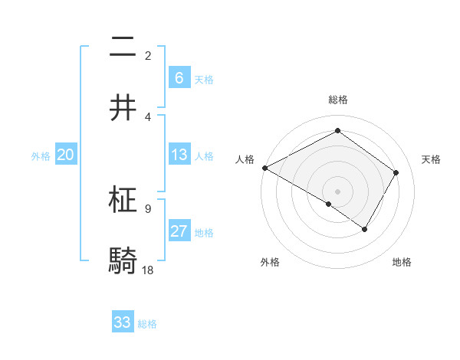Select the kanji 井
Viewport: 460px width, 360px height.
coord(123,108)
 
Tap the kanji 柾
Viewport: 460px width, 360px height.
coord(123,200)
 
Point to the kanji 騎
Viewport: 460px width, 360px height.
coord(123,261)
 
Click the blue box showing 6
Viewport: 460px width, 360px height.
coord(179,78)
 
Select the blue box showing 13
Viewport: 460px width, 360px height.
coord(179,155)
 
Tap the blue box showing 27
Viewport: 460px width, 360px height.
coord(179,231)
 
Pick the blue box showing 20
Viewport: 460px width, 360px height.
coord(66,155)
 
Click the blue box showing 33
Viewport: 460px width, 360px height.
coord(123,322)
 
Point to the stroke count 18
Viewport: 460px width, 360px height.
coord(148,270)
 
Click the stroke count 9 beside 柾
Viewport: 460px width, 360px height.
coord(148,208)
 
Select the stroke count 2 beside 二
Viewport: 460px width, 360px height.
coord(148,55)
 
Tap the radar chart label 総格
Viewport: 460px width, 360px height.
coord(337,100)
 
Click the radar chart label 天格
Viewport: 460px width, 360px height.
coord(431,159)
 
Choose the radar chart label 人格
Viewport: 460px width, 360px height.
coord(245,159)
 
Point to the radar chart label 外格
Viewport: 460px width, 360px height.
coord(270,262)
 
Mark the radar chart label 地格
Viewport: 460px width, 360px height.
coord(402,262)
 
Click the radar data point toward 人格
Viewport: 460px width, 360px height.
coord(264,167)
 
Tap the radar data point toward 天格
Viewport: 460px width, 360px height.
coord(396,172)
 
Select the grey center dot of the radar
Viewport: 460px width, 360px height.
coord(337,191)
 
